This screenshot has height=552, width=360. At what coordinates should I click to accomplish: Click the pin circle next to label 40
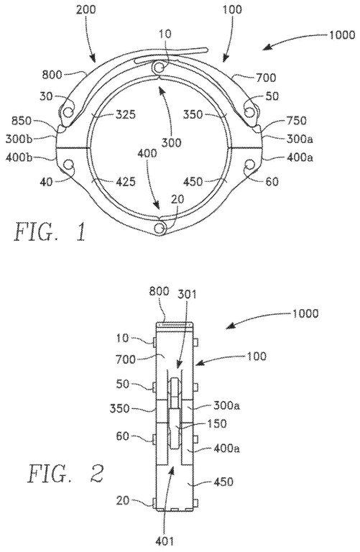click(x=70, y=167)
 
